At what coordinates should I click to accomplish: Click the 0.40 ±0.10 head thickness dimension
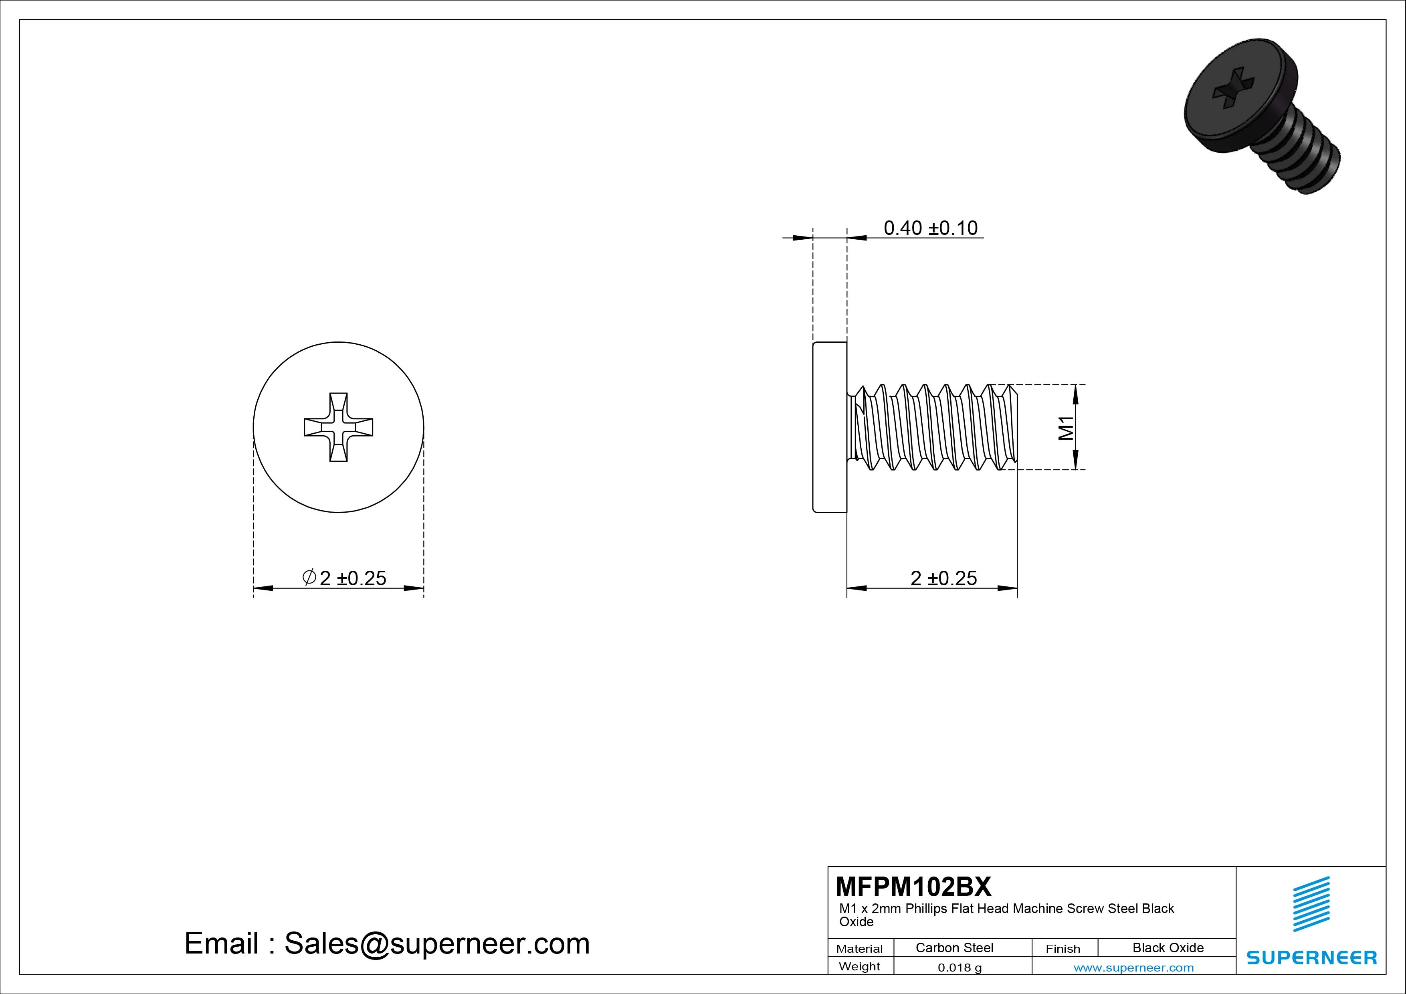click(x=930, y=228)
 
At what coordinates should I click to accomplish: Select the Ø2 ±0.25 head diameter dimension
click(x=345, y=578)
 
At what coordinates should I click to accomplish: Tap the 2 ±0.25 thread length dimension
click(x=943, y=578)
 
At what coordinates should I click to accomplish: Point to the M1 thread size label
click(x=1066, y=428)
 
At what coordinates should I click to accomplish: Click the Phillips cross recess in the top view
click(x=339, y=427)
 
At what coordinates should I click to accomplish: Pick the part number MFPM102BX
click(x=913, y=886)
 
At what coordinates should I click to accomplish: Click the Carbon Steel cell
click(x=954, y=948)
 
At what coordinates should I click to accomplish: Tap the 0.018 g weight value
click(x=960, y=968)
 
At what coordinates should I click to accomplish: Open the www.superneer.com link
click(x=1133, y=968)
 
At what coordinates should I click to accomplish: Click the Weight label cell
click(x=859, y=966)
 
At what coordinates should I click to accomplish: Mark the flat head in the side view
click(x=830, y=427)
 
